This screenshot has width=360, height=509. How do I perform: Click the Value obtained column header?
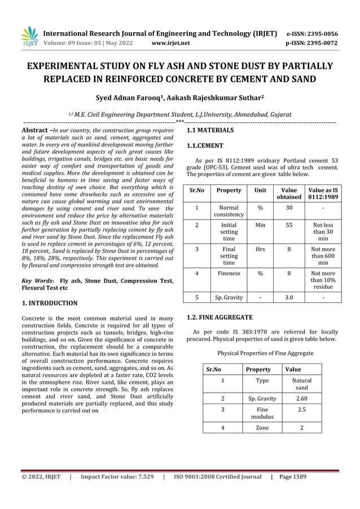pyautogui.click(x=288, y=194)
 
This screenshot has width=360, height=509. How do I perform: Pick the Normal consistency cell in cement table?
pyautogui.click(x=229, y=211)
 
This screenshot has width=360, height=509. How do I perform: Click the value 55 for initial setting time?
pyautogui.click(x=289, y=225)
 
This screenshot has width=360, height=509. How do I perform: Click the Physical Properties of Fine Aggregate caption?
pyautogui.click(x=265, y=353)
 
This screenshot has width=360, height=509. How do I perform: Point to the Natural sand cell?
pyautogui.click(x=302, y=384)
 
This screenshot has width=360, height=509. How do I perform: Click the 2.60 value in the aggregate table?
pyautogui.click(x=302, y=398)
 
